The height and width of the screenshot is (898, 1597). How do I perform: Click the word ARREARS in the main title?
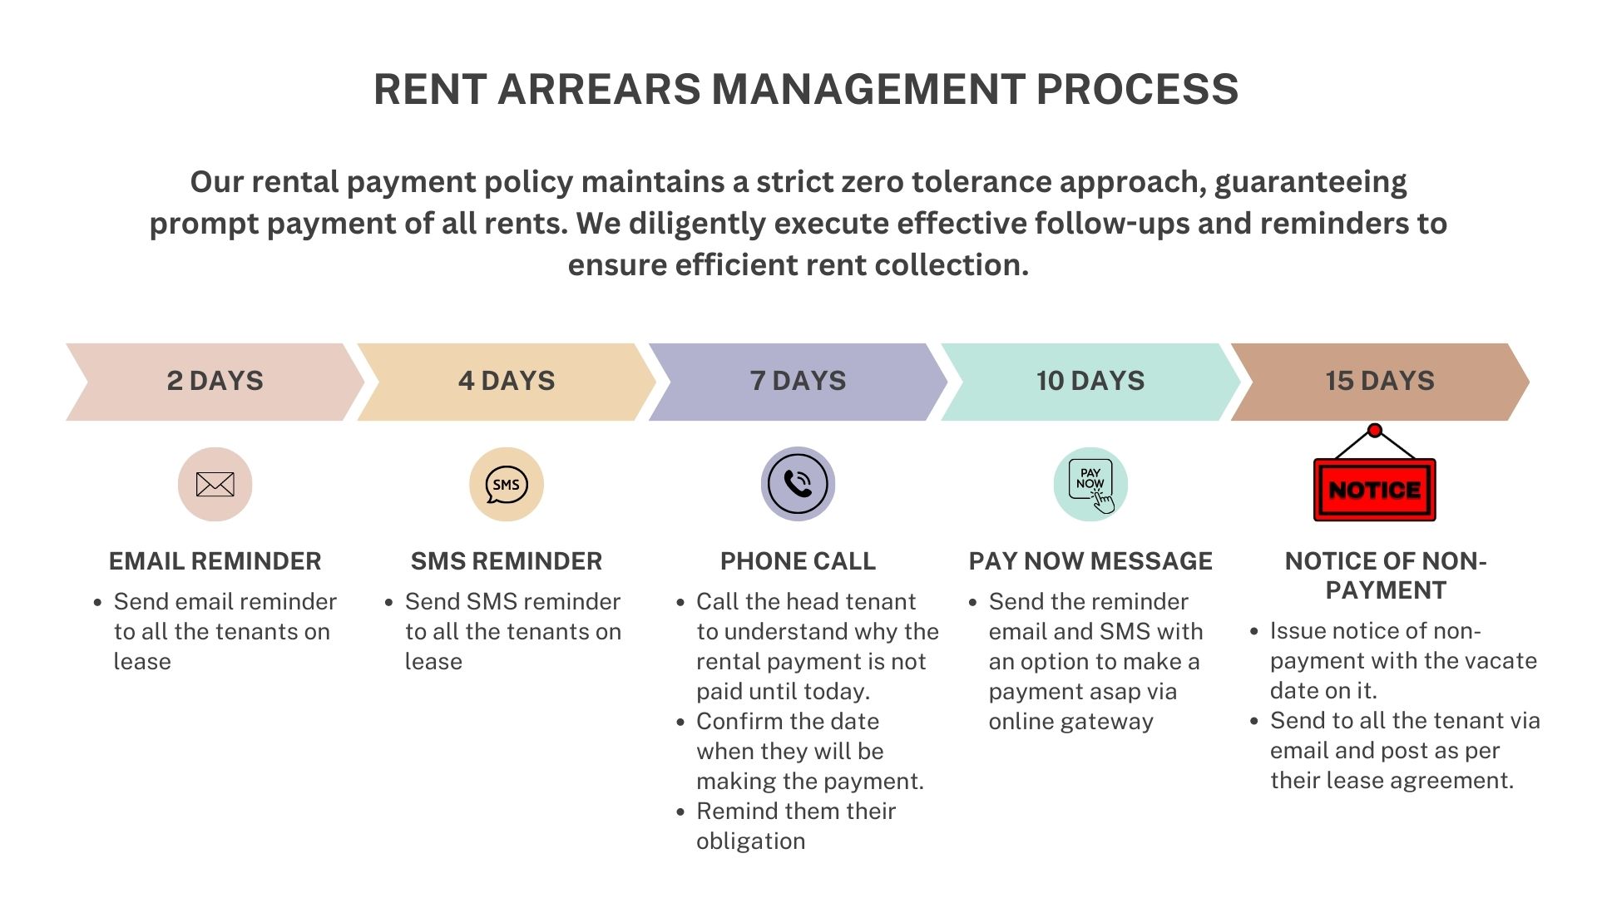[x=599, y=89]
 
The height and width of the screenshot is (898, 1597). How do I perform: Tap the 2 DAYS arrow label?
[x=215, y=381]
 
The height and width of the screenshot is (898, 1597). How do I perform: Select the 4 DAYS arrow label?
[x=507, y=381]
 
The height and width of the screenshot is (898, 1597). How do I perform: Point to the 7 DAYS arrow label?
[x=798, y=381]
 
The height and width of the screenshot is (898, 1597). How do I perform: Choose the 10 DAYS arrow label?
[x=1090, y=381]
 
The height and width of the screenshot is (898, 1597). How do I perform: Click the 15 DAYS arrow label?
[x=1380, y=381]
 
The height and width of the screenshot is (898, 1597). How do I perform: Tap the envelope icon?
[x=215, y=484]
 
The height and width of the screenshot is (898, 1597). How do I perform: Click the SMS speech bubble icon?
[x=507, y=485]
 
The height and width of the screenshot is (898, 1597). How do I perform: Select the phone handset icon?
[x=798, y=484]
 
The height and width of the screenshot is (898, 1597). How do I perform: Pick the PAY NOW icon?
[x=1090, y=485]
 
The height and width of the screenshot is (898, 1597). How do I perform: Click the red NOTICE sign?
[x=1374, y=490]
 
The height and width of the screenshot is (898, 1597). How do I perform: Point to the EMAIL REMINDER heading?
[x=215, y=561]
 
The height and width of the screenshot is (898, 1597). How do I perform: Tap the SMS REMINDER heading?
[x=507, y=561]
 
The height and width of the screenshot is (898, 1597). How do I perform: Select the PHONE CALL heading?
[x=798, y=561]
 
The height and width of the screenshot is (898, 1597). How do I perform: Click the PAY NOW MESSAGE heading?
[x=1090, y=561]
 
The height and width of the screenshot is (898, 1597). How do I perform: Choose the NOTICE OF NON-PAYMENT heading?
[x=1385, y=575]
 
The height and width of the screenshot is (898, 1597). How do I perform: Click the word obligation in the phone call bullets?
[x=750, y=841]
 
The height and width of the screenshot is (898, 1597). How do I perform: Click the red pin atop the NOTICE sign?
[x=1375, y=431]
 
